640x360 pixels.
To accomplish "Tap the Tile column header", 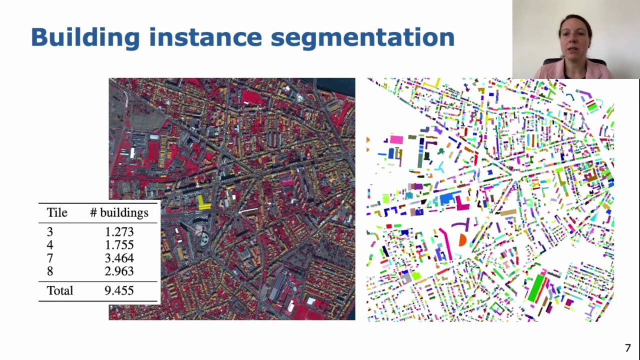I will pos(57,213).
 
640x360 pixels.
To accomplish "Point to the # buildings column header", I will pos(119,213).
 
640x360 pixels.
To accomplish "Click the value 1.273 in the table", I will pos(119,232).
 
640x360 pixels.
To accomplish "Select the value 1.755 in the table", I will pos(119,245).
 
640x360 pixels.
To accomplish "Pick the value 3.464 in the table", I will pos(119,258).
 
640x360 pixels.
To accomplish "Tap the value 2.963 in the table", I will pos(119,271).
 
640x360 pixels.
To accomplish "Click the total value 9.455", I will pos(119,290).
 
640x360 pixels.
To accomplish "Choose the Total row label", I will pos(60,290).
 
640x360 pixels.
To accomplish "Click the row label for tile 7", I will pos(49,258).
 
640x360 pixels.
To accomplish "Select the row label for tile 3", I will pos(49,232).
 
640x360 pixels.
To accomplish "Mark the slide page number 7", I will pos(628,348).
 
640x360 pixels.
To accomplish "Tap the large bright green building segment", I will pos(536,287).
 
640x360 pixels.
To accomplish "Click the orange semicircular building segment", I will pos(462,240).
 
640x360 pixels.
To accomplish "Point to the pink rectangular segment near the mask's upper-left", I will pos(396,140).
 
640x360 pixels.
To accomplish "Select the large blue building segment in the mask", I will pos(446,199).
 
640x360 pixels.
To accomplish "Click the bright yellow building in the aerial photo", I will pos(203,202).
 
